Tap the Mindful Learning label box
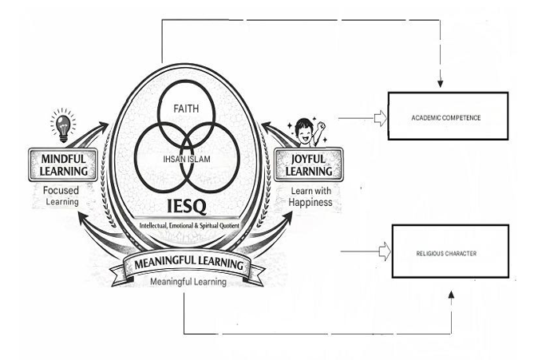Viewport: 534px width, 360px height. (x=62, y=166)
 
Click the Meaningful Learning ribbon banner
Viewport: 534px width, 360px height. (x=188, y=265)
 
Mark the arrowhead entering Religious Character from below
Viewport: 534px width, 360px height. (x=453, y=295)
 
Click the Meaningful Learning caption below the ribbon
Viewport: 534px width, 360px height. (x=188, y=282)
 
